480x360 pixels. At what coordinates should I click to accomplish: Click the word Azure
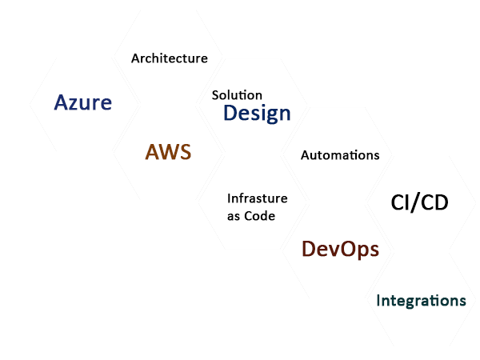[x=83, y=102]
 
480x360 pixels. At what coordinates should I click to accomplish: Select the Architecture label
[x=170, y=58]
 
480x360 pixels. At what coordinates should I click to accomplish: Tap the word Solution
[x=237, y=95]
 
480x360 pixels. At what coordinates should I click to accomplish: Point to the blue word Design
[x=257, y=114]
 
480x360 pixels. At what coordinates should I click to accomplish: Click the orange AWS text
[x=168, y=152]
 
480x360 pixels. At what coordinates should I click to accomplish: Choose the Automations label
[x=340, y=155]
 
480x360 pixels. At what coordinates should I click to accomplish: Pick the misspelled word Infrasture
[x=257, y=198]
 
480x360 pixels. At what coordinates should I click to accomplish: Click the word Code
[x=261, y=216]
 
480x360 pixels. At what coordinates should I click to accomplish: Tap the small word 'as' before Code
[x=234, y=217]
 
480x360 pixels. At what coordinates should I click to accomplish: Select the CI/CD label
[x=419, y=202]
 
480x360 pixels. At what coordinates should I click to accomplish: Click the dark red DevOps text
[x=340, y=250]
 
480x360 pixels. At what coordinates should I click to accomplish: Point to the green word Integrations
[x=421, y=301]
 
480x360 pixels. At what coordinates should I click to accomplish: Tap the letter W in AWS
[x=169, y=152]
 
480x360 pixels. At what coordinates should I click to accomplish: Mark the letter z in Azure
[x=74, y=104]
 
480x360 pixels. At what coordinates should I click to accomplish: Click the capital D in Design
[x=230, y=114]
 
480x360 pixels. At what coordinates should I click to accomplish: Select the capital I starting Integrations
[x=379, y=301]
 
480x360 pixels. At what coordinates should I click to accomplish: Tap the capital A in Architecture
[x=136, y=58]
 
